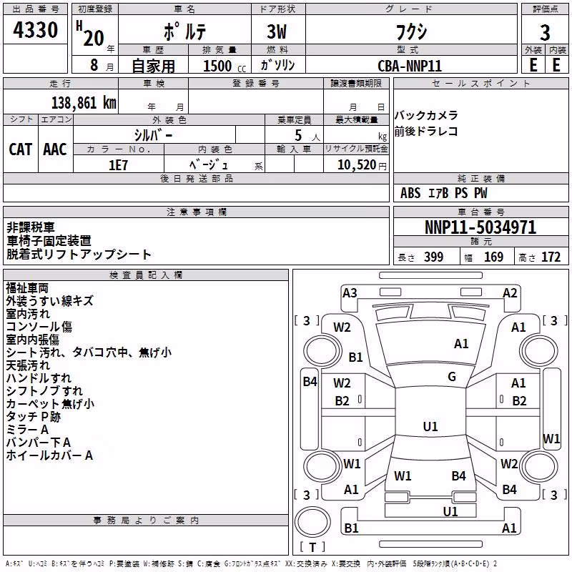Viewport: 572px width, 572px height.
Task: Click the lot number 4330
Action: pyautogui.click(x=35, y=29)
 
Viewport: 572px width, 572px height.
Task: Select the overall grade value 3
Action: pyautogui.click(x=545, y=32)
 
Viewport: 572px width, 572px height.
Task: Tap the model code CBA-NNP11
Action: pyautogui.click(x=410, y=66)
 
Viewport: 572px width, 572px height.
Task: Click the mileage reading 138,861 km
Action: pyautogui.click(x=84, y=103)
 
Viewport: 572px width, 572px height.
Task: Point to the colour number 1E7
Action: pyautogui.click(x=118, y=165)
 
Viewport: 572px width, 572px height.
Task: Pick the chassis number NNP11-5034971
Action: pyautogui.click(x=480, y=227)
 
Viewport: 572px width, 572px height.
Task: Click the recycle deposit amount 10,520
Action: pyautogui.click(x=357, y=164)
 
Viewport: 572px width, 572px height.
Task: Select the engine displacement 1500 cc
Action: pyautogui.click(x=224, y=66)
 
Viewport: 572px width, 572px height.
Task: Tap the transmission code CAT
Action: pyautogui.click(x=21, y=149)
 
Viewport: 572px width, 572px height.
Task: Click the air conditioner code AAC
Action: pyautogui.click(x=55, y=149)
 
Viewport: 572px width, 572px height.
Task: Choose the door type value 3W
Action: pyautogui.click(x=277, y=31)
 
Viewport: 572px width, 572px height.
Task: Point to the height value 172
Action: pyautogui.click(x=551, y=257)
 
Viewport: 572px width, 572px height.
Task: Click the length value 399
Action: pyautogui.click(x=434, y=257)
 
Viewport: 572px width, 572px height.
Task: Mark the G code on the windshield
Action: pyautogui.click(x=452, y=376)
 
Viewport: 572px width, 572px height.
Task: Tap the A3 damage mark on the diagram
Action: pyautogui.click(x=350, y=293)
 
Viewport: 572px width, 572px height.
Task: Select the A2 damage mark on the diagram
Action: pyautogui.click(x=510, y=293)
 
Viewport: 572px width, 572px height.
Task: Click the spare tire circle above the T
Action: pyautogui.click(x=312, y=521)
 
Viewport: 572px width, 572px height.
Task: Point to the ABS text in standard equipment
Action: pyautogui.click(x=410, y=193)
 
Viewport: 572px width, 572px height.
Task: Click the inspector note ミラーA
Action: pyautogui.click(x=27, y=430)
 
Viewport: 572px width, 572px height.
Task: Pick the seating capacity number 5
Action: pyautogui.click(x=298, y=135)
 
